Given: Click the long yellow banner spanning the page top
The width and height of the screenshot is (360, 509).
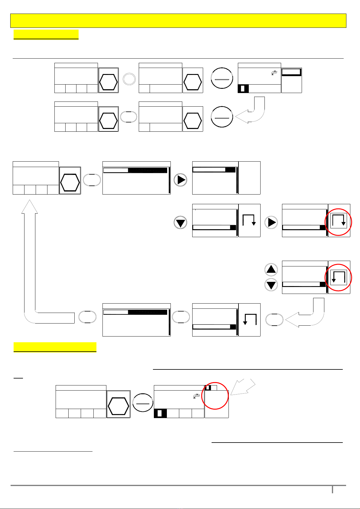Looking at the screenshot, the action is pos(178,21).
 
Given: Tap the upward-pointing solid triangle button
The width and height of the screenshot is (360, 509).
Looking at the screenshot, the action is pos(271,269).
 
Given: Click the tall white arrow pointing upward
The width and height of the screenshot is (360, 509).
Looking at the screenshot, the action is pos(30,260).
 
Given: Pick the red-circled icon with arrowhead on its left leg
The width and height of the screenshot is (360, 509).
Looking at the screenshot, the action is pos(339,277).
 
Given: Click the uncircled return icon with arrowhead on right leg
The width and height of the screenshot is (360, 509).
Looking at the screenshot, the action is pos(249,221).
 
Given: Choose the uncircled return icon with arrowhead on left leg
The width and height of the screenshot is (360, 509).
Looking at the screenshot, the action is pos(250,320).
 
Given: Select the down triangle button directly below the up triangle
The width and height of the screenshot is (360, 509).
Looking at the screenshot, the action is pos(271,285).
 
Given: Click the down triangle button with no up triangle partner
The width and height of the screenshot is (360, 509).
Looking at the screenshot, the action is pos(181,223).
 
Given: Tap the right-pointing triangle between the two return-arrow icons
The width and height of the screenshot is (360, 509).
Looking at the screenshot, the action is pos(271,222).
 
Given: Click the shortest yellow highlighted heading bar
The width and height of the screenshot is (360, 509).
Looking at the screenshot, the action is pos(46,34).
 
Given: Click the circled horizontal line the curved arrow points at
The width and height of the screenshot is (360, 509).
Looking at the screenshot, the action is pos(222,117).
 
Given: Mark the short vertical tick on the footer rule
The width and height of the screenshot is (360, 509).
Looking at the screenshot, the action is pos(332,489).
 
